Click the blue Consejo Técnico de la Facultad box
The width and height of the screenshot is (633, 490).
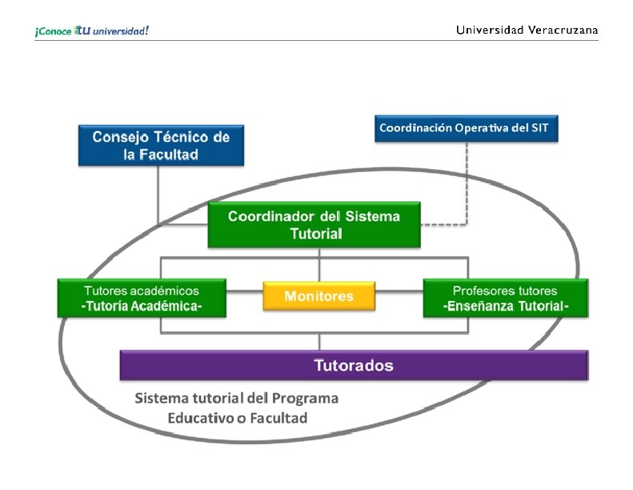click(161, 145)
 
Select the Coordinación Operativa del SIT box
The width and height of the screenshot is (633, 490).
click(466, 128)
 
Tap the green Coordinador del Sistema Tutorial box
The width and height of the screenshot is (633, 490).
click(314, 225)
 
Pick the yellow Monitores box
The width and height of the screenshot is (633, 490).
click(319, 296)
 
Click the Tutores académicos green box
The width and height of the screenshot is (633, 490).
click(142, 298)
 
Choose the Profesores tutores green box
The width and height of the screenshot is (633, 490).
click(505, 298)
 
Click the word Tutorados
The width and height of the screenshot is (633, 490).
click(353, 365)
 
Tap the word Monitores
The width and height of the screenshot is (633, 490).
click(319, 296)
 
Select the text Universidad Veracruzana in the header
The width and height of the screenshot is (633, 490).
click(527, 30)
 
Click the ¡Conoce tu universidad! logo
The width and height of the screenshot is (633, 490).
click(91, 30)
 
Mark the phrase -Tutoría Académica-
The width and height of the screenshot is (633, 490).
click(142, 306)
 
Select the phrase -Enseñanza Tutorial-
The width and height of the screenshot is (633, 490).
click(505, 306)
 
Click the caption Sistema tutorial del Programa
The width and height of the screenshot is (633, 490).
click(236, 398)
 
